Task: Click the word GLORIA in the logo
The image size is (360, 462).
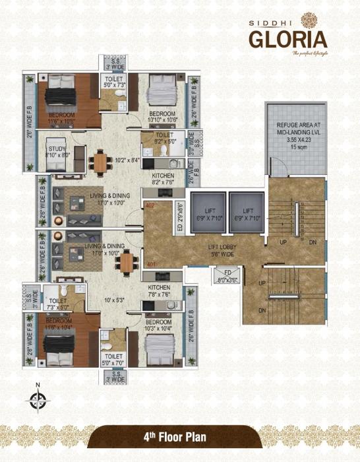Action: [x=287, y=37]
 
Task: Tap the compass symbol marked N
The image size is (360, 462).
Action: [x=37, y=399]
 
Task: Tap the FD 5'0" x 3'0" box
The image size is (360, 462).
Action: [x=222, y=277]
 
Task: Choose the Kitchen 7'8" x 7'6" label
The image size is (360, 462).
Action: [x=160, y=292]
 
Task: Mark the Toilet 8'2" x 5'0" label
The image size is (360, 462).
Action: [x=157, y=139]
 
